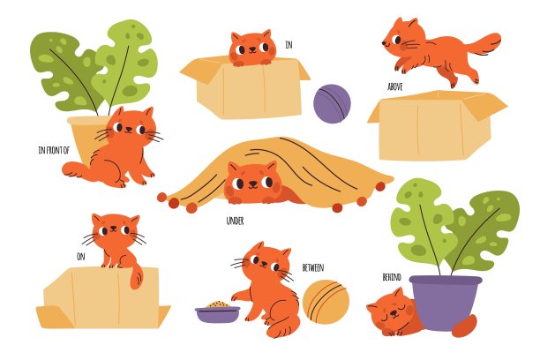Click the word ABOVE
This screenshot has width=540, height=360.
pyautogui.click(x=395, y=86)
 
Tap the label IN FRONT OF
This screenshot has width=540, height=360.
pyautogui.click(x=54, y=150)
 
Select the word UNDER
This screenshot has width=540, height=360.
pyautogui.click(x=235, y=221)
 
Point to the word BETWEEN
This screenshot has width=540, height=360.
pyautogui.click(x=313, y=267)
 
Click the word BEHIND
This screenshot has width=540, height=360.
pyautogui.click(x=392, y=277)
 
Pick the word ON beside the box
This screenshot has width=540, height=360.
pyautogui.click(x=81, y=257)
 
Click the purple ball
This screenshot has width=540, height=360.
pyautogui.click(x=332, y=104)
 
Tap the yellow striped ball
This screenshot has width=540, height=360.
pyautogui.click(x=326, y=302)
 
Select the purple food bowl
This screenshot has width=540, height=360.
pyautogui.click(x=217, y=314)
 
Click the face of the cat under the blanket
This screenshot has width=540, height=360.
pyautogui.click(x=253, y=183)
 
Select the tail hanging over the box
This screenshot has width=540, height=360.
pyautogui.click(x=137, y=275)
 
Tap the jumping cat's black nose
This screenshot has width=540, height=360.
pyautogui.click(x=384, y=43)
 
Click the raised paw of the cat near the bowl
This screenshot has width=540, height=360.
pyautogui.click(x=240, y=296)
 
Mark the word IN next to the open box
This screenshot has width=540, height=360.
pyautogui.click(x=289, y=44)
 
